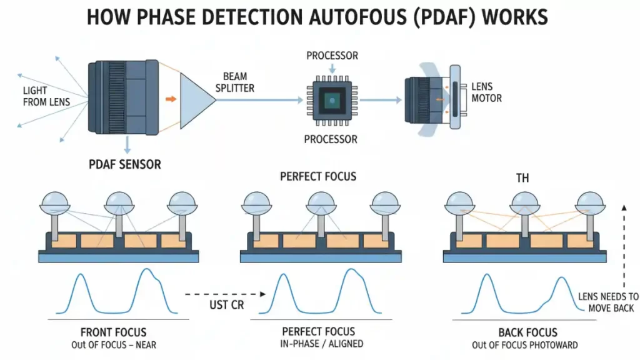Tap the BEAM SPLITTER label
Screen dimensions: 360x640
tap(235, 82)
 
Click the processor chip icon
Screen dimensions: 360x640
tap(332, 99)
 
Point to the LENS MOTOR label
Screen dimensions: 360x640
tap(487, 92)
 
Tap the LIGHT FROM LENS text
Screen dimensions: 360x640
tap(46, 96)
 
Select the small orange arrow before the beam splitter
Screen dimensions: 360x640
tap(169, 98)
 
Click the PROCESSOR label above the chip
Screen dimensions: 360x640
tap(332, 56)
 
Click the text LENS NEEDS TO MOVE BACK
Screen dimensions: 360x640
tap(608, 302)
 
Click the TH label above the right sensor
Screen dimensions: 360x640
tap(522, 178)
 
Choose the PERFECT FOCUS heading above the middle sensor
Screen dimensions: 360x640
tap(318, 176)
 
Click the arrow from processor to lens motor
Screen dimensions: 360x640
tap(381, 99)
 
